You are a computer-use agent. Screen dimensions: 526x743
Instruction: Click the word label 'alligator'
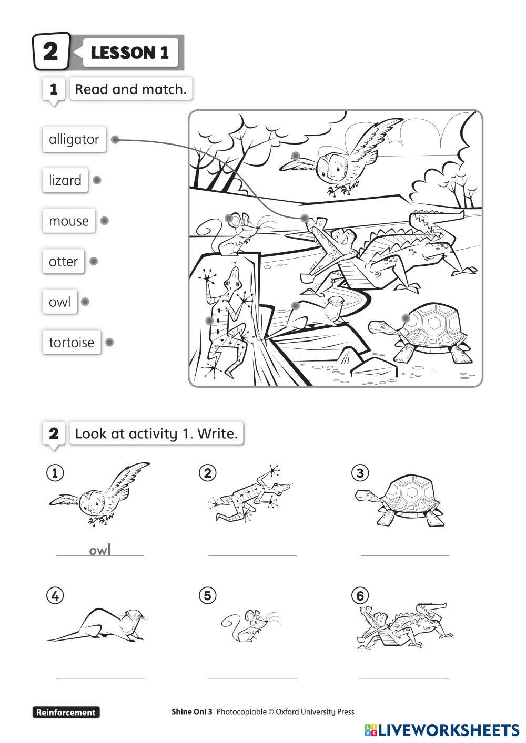[x=74, y=140]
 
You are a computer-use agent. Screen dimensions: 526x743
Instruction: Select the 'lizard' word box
[x=65, y=180]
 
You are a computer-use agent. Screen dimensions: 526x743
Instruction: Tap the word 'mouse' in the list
[x=69, y=221]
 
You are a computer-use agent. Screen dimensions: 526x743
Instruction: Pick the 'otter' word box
[x=63, y=261]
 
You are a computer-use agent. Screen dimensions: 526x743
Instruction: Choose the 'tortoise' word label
[x=72, y=342]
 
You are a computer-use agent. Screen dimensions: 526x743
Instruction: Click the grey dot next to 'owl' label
[x=85, y=302]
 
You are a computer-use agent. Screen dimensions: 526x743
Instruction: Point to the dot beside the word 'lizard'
[x=97, y=180]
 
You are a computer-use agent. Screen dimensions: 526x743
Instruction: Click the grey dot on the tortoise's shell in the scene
[x=406, y=318]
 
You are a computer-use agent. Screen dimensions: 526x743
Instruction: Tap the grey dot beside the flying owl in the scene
[x=296, y=156]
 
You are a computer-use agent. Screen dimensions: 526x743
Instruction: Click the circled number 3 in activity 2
[x=360, y=473]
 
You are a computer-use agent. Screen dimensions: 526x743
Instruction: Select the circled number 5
[x=208, y=596]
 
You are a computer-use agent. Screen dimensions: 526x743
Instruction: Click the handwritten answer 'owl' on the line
[x=99, y=550]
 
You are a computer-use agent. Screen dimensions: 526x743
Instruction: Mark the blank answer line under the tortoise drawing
[x=405, y=555]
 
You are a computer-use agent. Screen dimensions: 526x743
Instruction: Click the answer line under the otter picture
[x=99, y=678]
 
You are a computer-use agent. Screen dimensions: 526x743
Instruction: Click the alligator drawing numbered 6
[x=404, y=626]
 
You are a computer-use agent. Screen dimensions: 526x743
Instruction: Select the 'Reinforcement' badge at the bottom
[x=66, y=712]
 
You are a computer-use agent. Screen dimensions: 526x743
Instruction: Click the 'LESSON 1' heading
[x=130, y=53]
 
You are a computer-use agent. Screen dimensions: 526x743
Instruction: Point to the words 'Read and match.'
[x=131, y=89]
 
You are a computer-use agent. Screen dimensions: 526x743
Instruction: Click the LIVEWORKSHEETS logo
[x=442, y=730]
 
